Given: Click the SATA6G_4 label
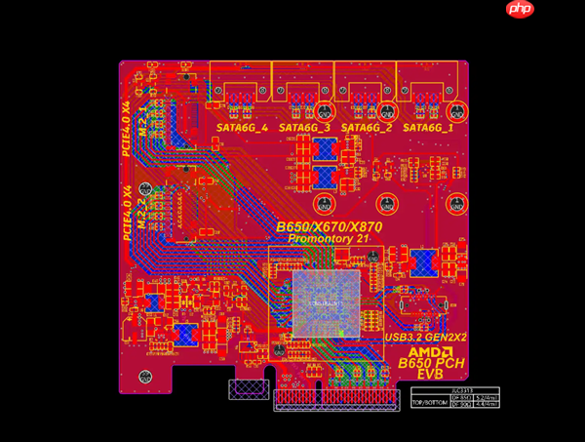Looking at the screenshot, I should (242, 128).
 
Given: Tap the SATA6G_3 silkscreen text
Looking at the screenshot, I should (304, 128).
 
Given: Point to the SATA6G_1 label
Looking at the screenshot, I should (428, 128).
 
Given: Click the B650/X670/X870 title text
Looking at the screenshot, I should (329, 227).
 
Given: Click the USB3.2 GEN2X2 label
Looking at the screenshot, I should (425, 337).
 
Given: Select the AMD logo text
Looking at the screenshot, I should (429, 351).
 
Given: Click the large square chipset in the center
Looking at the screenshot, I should (326, 303).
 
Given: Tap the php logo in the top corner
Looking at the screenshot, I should (520, 10).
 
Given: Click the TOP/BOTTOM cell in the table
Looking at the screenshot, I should (429, 403).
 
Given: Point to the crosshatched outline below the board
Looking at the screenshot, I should (245, 389).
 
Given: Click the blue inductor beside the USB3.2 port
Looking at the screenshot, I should (423, 262).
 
